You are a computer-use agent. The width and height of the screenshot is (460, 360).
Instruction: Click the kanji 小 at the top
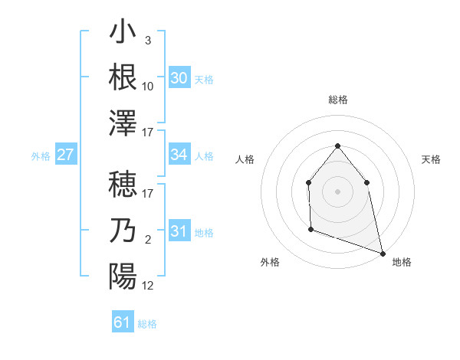click(123, 34)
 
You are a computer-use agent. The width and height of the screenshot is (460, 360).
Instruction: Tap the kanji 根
click(123, 77)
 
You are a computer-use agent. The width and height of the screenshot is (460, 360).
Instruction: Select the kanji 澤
click(123, 122)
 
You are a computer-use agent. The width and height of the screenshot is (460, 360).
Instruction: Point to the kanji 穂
click(123, 187)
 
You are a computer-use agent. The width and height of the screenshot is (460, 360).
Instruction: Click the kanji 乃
click(123, 231)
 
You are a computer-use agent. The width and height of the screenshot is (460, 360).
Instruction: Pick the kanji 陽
click(123, 276)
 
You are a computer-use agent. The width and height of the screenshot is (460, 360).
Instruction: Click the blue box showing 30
click(179, 78)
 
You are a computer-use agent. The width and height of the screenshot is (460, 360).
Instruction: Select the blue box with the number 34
click(179, 155)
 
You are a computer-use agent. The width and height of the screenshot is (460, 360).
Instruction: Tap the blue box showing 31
click(179, 231)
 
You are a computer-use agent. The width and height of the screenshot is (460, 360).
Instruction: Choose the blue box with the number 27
click(66, 155)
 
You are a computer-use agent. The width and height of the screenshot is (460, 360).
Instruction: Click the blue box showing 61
click(123, 322)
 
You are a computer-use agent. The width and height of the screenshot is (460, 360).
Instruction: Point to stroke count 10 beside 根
click(147, 87)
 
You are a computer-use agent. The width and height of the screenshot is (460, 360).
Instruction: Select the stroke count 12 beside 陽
click(147, 286)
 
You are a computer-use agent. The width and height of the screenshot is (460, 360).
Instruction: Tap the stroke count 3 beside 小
click(147, 41)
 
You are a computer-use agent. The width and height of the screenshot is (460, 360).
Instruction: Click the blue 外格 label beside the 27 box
click(41, 156)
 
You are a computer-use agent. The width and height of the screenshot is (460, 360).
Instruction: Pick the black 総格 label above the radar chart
click(337, 100)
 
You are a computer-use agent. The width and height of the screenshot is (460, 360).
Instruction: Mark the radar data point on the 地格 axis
click(384, 254)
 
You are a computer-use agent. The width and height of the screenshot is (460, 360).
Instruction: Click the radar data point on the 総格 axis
click(337, 146)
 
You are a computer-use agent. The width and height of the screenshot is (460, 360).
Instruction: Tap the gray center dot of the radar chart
click(337, 191)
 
